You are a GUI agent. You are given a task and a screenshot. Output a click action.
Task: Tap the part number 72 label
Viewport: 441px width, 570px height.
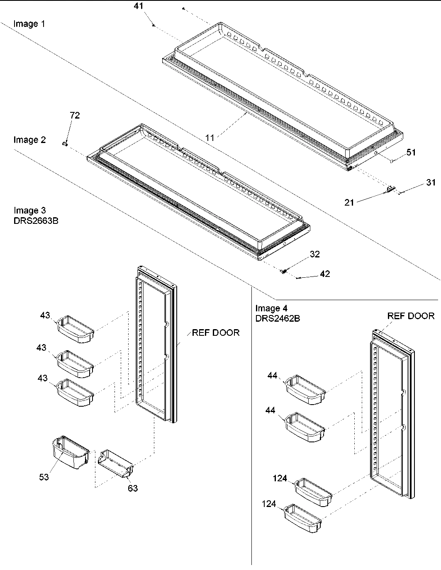[75, 116]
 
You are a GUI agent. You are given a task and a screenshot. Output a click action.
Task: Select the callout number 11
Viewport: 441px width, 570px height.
[211, 138]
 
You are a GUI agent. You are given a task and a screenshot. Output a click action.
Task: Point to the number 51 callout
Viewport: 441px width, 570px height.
[411, 152]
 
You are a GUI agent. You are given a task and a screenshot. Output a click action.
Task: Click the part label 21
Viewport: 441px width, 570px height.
[349, 202]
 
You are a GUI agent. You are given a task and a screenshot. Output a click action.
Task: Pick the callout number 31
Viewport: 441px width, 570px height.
[431, 182]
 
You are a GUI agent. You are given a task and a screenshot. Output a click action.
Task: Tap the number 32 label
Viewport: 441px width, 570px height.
[315, 254]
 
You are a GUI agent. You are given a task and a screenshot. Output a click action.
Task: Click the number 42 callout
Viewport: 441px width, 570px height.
[325, 274]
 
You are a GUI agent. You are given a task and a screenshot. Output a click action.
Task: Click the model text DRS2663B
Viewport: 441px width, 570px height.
[36, 221]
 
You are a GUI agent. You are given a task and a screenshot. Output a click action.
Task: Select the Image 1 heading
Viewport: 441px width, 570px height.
[29, 24]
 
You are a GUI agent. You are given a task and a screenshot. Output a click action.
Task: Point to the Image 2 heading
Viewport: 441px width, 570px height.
[29, 140]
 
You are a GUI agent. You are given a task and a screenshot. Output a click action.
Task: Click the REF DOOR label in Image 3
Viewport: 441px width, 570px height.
[215, 332]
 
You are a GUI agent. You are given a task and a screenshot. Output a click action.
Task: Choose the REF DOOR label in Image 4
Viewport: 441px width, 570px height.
[411, 316]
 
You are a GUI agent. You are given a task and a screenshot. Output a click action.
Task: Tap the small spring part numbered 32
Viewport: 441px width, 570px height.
[284, 271]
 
